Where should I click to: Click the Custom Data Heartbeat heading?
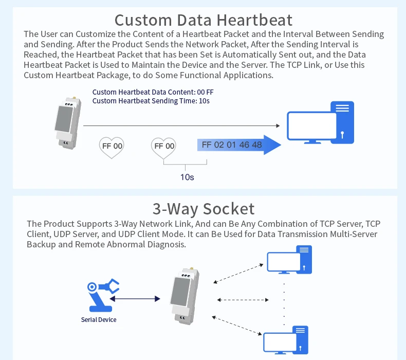tap(203, 20)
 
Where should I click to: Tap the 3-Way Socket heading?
tap(203, 209)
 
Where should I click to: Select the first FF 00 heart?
tap(112, 146)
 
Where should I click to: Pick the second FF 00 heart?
tap(164, 146)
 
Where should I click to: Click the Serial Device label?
tap(99, 320)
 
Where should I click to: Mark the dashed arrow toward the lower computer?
tap(237, 325)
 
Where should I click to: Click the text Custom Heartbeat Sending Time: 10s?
tap(151, 101)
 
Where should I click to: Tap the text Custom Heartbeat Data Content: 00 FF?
tap(153, 93)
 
